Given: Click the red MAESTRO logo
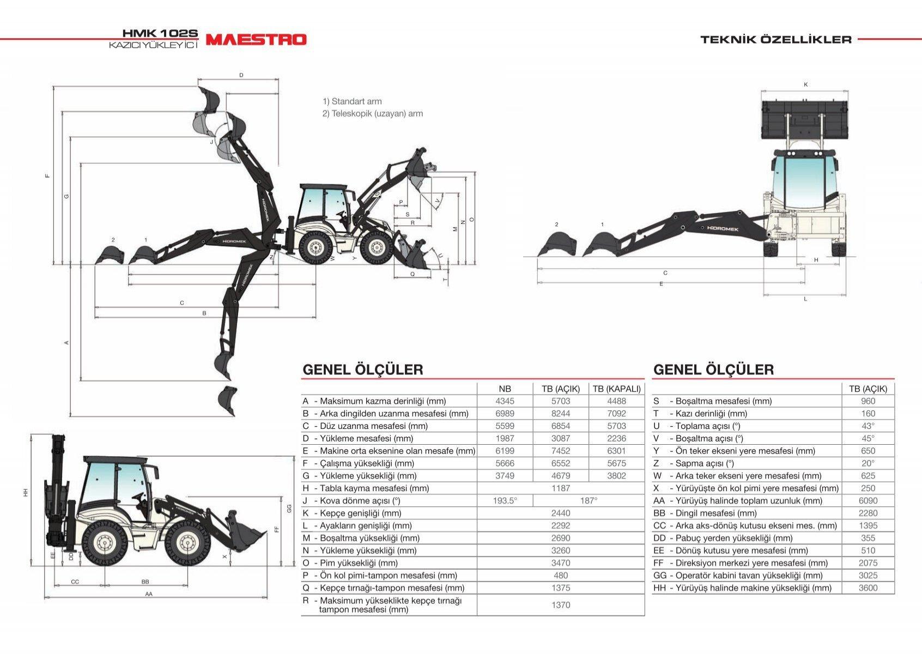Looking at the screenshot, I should point(256,39).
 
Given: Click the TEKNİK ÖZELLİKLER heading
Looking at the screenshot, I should point(776,39).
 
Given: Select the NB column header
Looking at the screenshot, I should point(505,389).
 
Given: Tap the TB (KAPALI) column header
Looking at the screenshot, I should point(616,389).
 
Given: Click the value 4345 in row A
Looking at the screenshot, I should point(505,401).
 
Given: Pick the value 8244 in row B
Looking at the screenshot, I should point(561,414).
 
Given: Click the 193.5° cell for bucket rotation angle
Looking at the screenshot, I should point(505,501).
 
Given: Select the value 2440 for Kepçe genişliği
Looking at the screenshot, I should point(561,513).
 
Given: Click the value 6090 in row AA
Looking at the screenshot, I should point(868,501).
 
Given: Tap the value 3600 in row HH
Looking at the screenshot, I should point(868,588).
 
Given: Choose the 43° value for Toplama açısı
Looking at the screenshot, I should point(868,426).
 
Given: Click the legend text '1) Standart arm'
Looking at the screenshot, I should point(352,101).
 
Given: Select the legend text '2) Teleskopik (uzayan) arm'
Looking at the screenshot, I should point(373,114).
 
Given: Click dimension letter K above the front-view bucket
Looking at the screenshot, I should point(805,84).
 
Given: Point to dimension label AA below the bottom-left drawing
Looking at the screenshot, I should point(149,594).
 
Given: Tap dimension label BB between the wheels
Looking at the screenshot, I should point(145,582).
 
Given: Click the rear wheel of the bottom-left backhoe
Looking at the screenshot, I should point(104,542).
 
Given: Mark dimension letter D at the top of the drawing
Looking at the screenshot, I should point(241,75).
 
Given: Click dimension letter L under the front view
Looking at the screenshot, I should point(805,299).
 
